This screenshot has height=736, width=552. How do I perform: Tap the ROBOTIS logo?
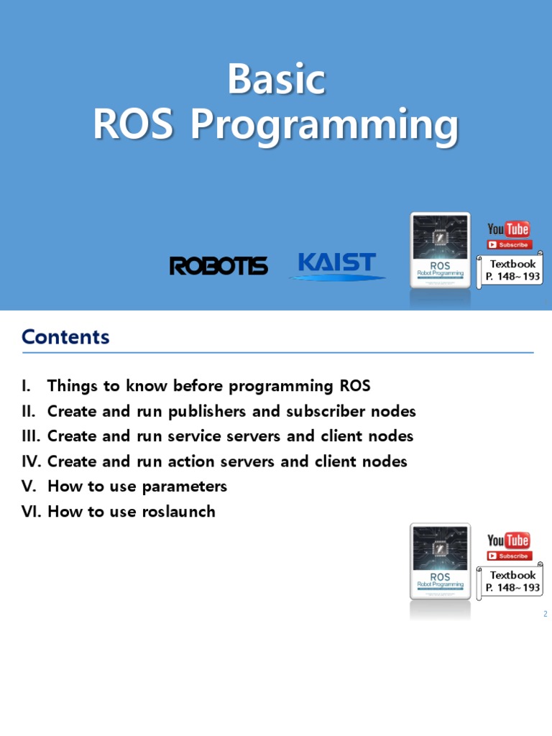tap(218, 265)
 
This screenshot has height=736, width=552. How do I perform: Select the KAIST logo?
tap(336, 263)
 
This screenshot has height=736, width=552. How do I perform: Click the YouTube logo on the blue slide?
tap(508, 229)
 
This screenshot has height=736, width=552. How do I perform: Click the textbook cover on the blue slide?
tap(440, 249)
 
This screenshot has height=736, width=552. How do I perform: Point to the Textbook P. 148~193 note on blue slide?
tap(512, 270)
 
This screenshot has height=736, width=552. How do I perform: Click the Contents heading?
tap(65, 337)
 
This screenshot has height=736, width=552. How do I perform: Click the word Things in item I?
tap(73, 386)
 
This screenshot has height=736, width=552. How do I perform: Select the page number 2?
tap(546, 614)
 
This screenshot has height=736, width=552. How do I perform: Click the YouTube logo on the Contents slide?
tap(508, 540)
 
